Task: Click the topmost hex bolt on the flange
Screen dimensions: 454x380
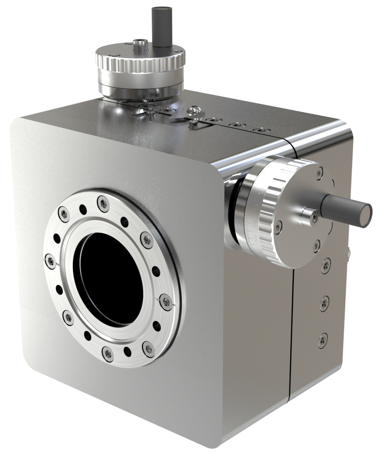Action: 103,204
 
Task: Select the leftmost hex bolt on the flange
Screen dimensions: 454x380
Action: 50,261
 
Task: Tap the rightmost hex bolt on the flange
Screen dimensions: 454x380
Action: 166,301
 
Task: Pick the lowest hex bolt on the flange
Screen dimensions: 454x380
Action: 108,353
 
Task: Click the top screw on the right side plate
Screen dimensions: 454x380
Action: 326,265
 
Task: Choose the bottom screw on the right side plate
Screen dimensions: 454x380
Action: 323,340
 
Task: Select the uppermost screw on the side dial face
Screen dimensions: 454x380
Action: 319,173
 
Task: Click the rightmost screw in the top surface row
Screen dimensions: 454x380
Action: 261,131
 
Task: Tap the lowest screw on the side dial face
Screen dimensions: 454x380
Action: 316,245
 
